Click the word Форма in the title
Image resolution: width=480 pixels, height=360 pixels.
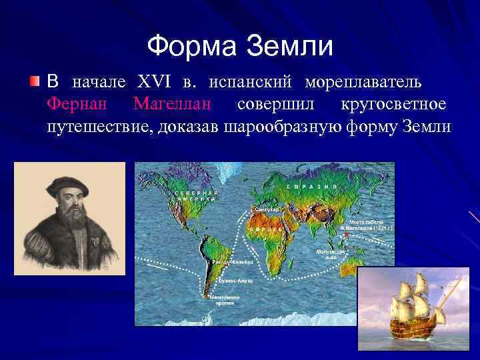[x=193, y=46]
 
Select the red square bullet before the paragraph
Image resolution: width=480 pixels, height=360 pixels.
[x=35, y=83]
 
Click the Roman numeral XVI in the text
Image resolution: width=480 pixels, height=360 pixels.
[x=155, y=83]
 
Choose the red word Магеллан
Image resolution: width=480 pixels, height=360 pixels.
[x=172, y=104]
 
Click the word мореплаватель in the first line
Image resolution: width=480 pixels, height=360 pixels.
[x=363, y=83]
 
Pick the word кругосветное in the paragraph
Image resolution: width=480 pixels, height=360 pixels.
[x=393, y=104]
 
